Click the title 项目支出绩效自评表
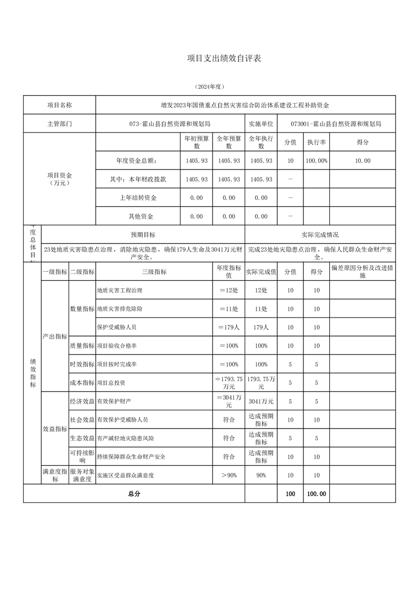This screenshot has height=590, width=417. tap(224, 58)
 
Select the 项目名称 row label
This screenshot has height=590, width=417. tap(59, 105)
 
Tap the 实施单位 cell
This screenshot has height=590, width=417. tap(261, 124)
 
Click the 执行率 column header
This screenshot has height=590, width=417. tap(317, 142)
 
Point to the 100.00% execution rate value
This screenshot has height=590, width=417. tap(317, 161)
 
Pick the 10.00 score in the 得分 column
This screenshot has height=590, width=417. tap(363, 161)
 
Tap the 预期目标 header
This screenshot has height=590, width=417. tap(143, 235)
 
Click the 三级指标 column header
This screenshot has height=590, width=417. tap(154, 272)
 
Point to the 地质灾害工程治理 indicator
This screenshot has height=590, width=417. tap(120, 290)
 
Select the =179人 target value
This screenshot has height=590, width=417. tap(229, 327)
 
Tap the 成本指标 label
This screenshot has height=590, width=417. tap(82, 383)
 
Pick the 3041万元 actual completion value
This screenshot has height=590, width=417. tap(261, 401)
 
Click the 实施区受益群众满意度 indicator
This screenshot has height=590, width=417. tap(126, 475)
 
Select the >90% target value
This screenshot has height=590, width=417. tap(229, 475)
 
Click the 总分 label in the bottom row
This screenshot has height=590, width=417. tap(134, 494)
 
